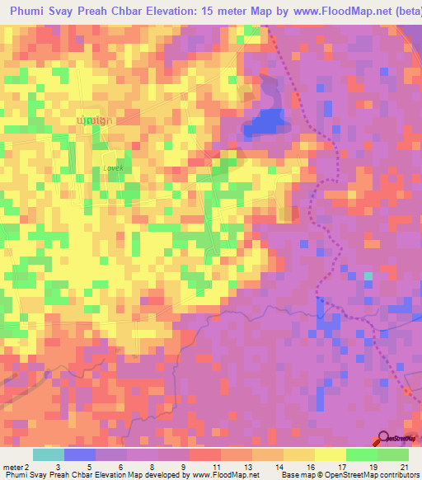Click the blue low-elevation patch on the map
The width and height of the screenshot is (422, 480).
pyautogui.click(x=265, y=122)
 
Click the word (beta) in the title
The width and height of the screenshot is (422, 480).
pyautogui.click(x=402, y=13)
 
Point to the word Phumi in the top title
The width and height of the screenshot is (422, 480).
pyautogui.click(x=31, y=13)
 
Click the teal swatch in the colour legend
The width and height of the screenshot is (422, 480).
pyautogui.click(x=49, y=454)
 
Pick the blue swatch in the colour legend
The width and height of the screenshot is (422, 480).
pyautogui.click(x=80, y=454)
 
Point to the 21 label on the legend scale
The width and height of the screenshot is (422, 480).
pyautogui.click(x=404, y=467)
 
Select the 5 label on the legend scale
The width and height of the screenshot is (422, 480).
pyautogui.click(x=89, y=467)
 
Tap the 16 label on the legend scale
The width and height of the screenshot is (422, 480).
pyautogui.click(x=298, y=467)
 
